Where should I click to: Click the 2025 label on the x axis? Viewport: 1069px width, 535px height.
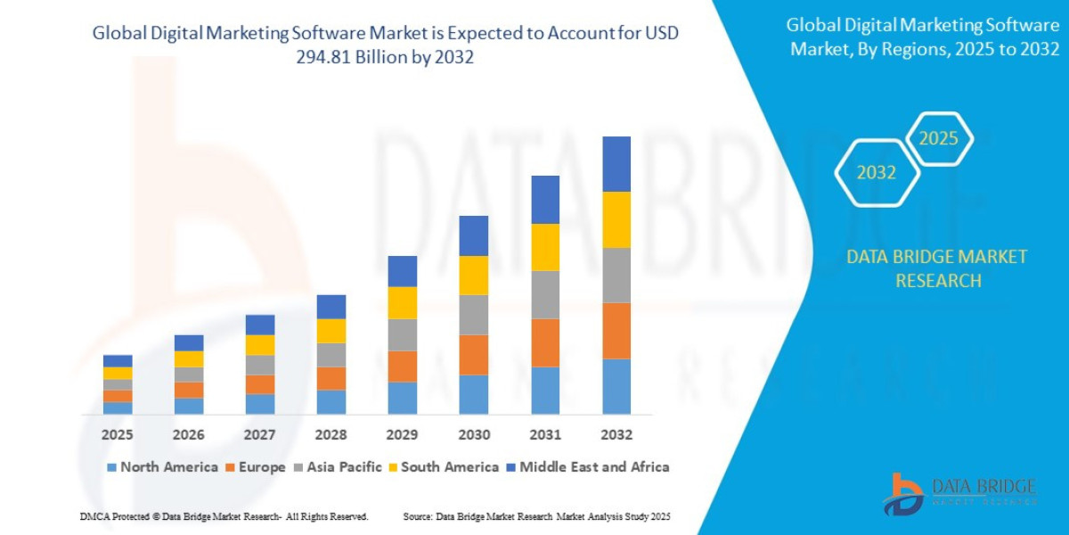click(x=117, y=435)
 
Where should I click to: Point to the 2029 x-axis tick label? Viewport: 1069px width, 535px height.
click(x=403, y=435)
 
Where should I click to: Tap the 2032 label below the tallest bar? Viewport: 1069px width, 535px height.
click(x=616, y=435)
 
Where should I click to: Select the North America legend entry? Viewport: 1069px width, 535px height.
click(x=161, y=467)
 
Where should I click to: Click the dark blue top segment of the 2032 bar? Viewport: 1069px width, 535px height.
click(x=616, y=164)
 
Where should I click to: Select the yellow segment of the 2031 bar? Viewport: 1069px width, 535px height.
click(x=545, y=247)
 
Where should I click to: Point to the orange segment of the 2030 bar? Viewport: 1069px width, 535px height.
click(x=474, y=355)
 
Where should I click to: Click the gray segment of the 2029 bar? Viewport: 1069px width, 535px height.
click(x=403, y=335)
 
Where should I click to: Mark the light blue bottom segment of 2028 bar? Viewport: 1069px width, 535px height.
click(x=331, y=402)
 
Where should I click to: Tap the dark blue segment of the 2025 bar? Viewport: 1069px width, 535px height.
click(x=118, y=361)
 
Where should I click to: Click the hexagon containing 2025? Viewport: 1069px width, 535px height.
click(x=938, y=139)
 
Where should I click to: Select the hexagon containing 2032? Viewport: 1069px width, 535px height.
click(x=876, y=173)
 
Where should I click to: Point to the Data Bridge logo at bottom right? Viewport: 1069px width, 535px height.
click(x=960, y=493)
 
